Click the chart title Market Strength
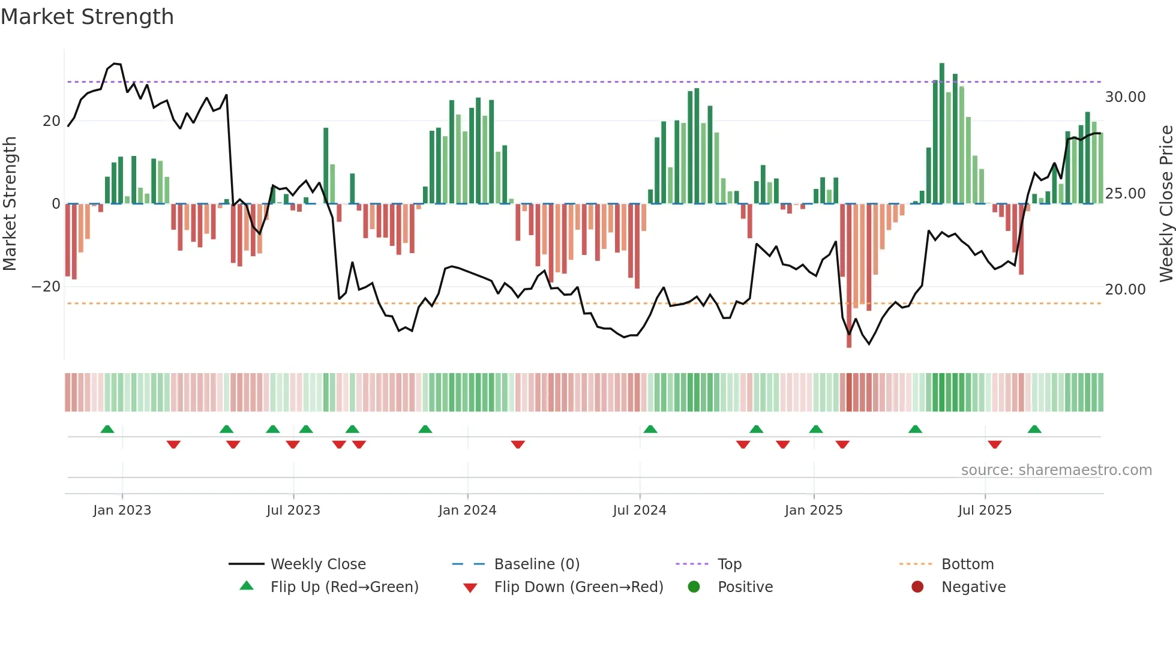[x=87, y=17]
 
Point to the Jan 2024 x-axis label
[x=467, y=510]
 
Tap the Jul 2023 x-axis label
[x=293, y=510]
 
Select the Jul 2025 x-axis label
[x=985, y=510]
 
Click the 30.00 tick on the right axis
[x=1125, y=97]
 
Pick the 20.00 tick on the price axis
[x=1125, y=290]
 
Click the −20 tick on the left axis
[x=46, y=287]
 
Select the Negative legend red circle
[x=917, y=587]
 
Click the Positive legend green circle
[x=694, y=587]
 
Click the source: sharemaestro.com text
[x=1056, y=470]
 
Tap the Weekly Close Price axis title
[x=1166, y=204]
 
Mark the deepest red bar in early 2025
[x=848, y=276]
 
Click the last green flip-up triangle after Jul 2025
[x=1034, y=429]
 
